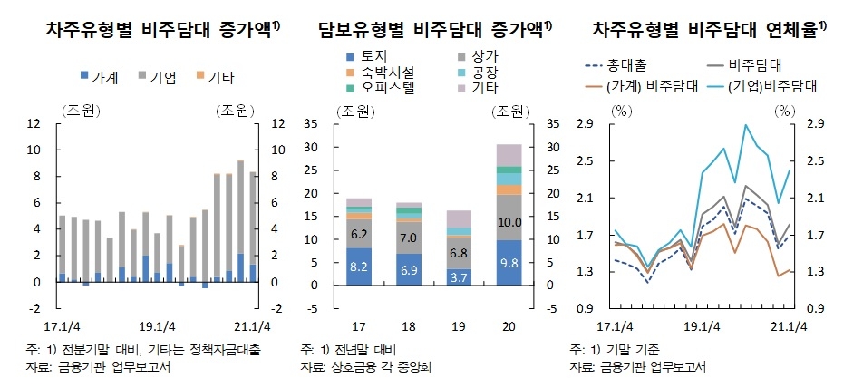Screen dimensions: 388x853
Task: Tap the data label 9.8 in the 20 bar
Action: tap(509, 264)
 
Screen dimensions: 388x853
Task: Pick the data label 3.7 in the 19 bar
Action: tap(460, 277)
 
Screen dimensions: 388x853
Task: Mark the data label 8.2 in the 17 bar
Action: tap(360, 267)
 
